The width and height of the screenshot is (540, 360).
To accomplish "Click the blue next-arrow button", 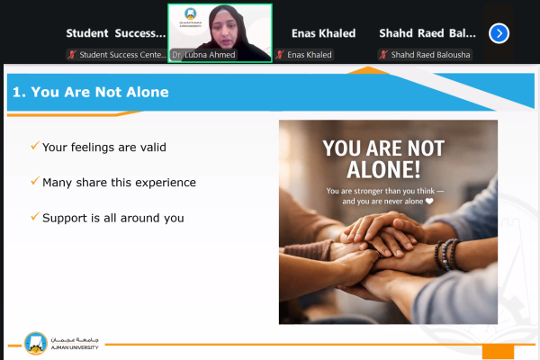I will click(x=499, y=33).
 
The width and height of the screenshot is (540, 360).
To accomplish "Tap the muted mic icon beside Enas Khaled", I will click(x=281, y=55).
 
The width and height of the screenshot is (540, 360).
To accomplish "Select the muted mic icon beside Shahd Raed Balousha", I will click(x=382, y=55).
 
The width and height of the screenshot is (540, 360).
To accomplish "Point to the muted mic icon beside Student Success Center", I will click(x=72, y=55).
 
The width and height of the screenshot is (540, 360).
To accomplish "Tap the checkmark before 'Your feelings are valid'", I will click(x=34, y=146).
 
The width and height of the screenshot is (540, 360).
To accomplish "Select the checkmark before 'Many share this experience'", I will click(x=34, y=181).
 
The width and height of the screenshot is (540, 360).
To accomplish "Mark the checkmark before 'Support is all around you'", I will click(x=34, y=217).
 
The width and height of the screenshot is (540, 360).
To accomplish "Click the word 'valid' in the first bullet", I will click(x=150, y=147).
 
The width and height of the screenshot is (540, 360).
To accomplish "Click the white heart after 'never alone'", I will click(x=429, y=202).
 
